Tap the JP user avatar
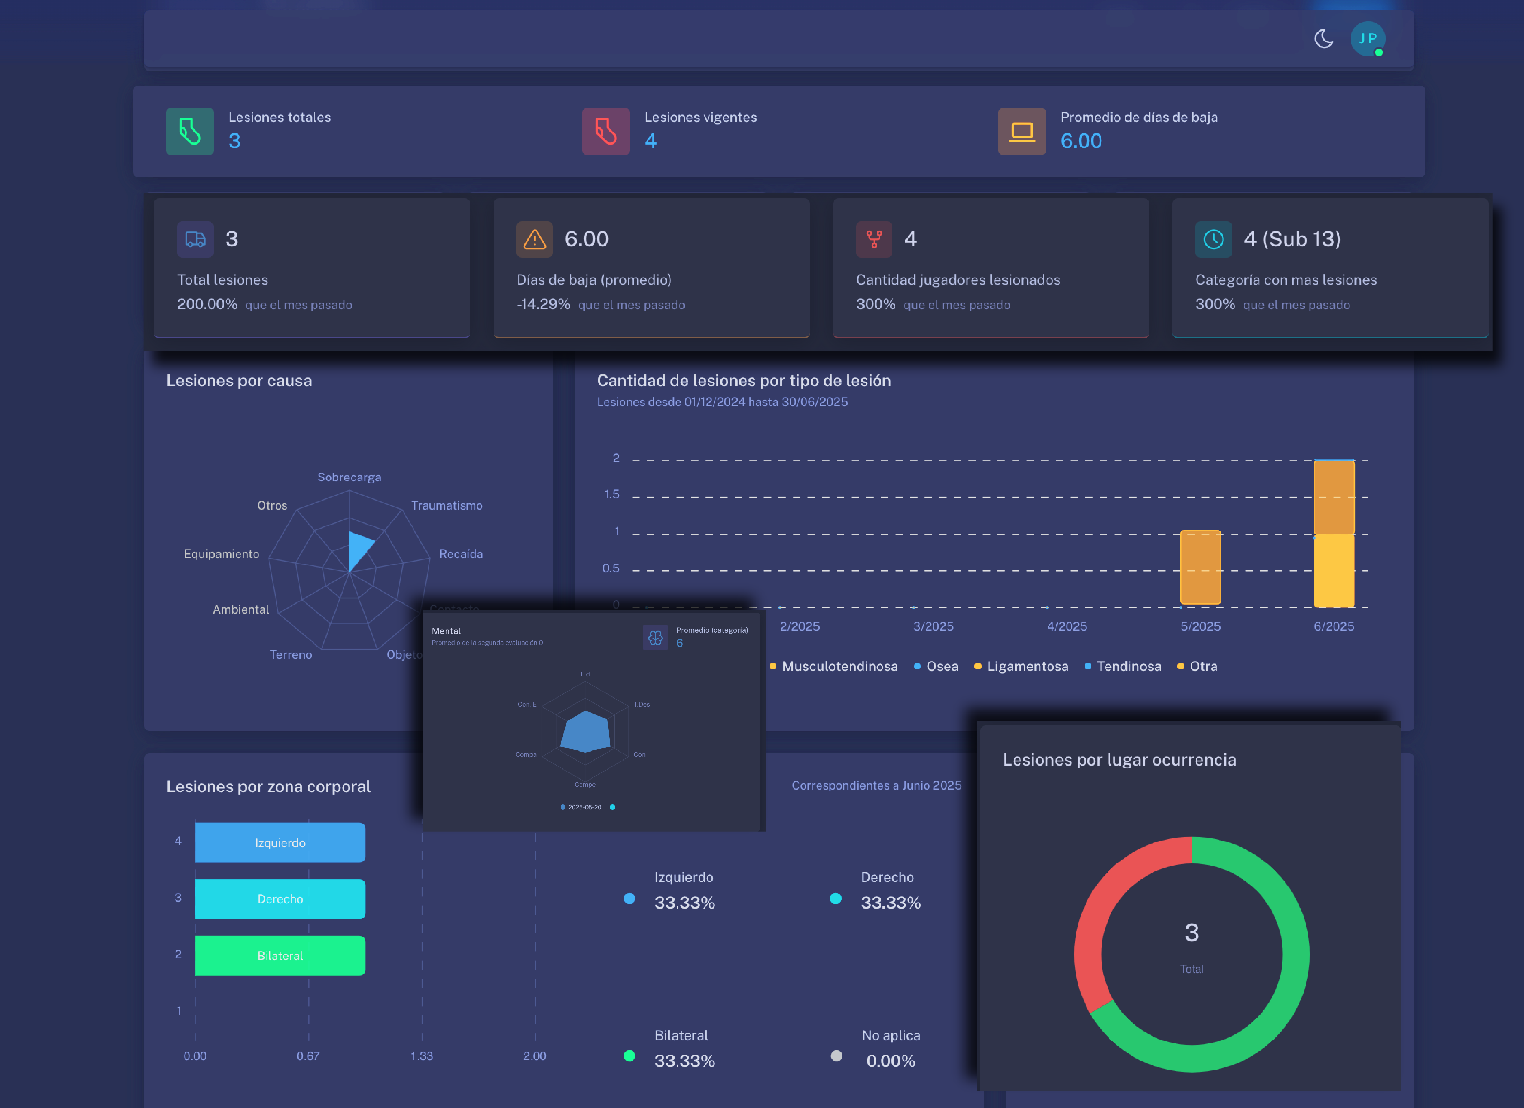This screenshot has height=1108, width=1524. (1367, 38)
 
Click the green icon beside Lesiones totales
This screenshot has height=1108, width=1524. (190, 131)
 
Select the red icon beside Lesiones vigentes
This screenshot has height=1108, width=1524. (605, 131)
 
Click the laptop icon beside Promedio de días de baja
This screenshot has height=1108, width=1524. (1021, 131)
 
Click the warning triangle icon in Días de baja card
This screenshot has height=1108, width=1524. (534, 240)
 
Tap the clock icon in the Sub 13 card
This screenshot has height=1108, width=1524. (1213, 240)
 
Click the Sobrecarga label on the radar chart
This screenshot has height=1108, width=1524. (349, 477)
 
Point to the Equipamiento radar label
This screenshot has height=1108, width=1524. (221, 553)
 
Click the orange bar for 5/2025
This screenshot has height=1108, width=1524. (1200, 567)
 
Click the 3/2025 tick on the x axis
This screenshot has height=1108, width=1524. (933, 626)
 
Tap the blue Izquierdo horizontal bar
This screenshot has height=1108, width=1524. (280, 842)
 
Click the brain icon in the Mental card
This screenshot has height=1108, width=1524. (655, 638)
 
